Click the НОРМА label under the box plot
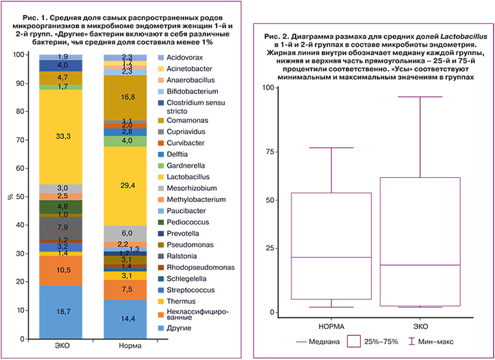(x=332, y=325)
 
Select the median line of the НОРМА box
(x=332, y=257)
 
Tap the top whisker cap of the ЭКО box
(x=421, y=97)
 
